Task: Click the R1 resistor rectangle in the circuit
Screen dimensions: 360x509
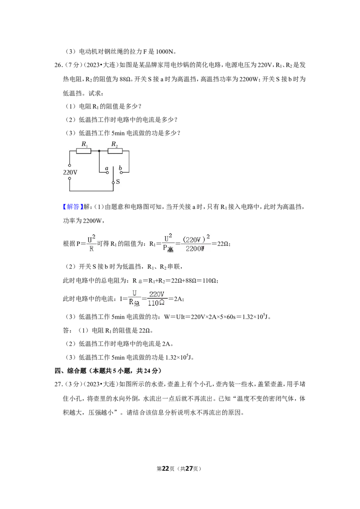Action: pos(84,151)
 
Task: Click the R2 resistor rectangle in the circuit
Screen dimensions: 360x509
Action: pos(115,151)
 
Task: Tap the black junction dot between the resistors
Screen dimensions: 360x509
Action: pos(99,151)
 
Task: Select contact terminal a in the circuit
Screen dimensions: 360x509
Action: pos(108,173)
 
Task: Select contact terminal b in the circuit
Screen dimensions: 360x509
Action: pos(121,173)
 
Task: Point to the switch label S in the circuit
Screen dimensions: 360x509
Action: pos(117,182)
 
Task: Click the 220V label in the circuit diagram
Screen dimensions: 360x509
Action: pos(70,172)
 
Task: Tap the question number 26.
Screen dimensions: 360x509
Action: pos(58,65)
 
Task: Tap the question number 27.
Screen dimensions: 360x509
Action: pos(58,384)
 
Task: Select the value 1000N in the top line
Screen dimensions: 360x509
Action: pos(166,52)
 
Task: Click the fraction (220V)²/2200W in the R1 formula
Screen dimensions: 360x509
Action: pos(195,244)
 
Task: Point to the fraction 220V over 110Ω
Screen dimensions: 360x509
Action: pos(157,298)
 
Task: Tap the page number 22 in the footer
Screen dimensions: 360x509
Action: pos(166,469)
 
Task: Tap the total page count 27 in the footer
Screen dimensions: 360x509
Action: pos(189,469)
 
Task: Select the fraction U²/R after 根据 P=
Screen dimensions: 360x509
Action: pos(91,244)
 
